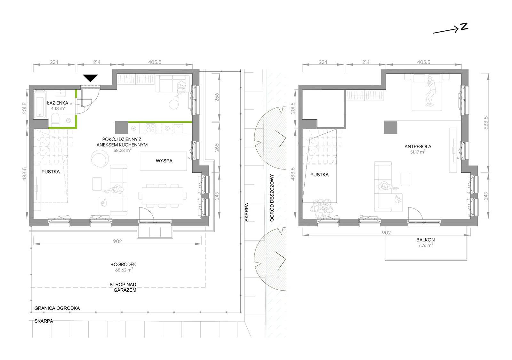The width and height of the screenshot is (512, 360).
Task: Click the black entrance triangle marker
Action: pyautogui.click(x=91, y=78)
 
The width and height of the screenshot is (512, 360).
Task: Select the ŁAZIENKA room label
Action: pyautogui.click(x=58, y=103)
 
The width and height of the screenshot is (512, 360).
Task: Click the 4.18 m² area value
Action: pyautogui.click(x=58, y=108)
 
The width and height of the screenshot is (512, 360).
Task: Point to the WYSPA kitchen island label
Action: pyautogui.click(x=164, y=161)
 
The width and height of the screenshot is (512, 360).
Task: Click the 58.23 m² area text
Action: pyautogui.click(x=122, y=150)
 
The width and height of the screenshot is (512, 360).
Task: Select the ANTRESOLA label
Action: pyautogui.click(x=418, y=147)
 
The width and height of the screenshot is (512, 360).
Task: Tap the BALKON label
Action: pyautogui.click(x=425, y=240)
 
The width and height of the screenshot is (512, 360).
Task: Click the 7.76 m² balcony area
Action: pyautogui.click(x=425, y=245)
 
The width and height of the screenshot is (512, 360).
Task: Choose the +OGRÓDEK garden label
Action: pyautogui.click(x=124, y=264)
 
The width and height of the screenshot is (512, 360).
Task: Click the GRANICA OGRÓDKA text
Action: pyautogui.click(x=57, y=308)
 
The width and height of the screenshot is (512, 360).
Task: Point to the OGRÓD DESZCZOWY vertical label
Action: pyautogui.click(x=272, y=198)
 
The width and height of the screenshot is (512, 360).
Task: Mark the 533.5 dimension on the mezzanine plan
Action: pyautogui.click(x=486, y=123)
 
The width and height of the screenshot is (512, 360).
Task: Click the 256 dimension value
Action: pyautogui.click(x=217, y=97)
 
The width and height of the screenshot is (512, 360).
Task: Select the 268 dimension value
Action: pyautogui.click(x=217, y=148)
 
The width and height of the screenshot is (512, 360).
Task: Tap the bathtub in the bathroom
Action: pyautogui.click(x=40, y=104)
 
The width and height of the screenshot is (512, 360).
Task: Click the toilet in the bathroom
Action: pyautogui.click(x=55, y=120)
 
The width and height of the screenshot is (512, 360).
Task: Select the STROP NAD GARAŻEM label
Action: pyautogui.click(x=124, y=287)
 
